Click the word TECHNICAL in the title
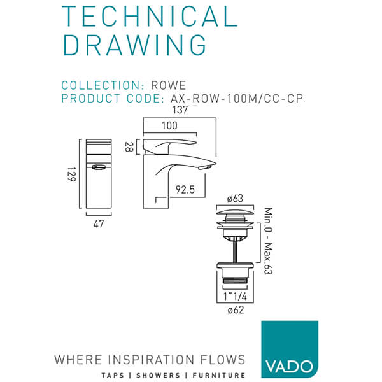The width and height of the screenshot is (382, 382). click(x=150, y=18)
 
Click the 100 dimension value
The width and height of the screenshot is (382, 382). click(x=169, y=125)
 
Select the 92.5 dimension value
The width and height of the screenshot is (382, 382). click(x=185, y=189)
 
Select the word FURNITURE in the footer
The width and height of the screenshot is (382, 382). click(x=218, y=375)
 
